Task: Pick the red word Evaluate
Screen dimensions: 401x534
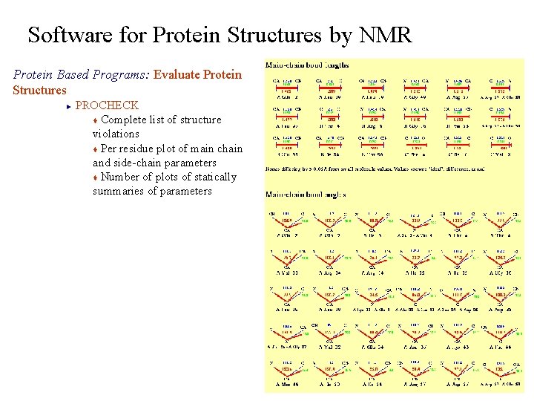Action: (x=179, y=75)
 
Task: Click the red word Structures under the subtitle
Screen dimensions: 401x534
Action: (x=40, y=91)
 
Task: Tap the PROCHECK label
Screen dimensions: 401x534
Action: (x=107, y=105)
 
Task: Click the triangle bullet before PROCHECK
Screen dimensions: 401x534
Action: (x=67, y=106)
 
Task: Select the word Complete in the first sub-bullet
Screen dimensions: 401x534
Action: (x=123, y=120)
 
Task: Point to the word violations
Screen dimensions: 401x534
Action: (x=116, y=134)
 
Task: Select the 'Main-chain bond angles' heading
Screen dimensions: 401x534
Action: (x=307, y=195)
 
